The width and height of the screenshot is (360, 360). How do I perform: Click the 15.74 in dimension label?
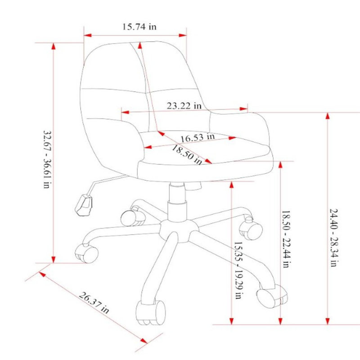pos(139,27)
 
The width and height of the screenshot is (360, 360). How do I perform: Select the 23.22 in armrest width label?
pos(184,106)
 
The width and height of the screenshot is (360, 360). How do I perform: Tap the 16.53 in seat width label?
pos(198,138)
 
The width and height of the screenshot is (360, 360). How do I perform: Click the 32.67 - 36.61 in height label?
pos(47,159)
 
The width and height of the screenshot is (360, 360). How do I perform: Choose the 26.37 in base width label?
pos(94,302)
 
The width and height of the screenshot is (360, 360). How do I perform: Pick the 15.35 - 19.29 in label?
pos(238,270)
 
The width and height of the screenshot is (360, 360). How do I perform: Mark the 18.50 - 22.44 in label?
pos(286,239)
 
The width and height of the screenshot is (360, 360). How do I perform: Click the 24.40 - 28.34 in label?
pos(333,238)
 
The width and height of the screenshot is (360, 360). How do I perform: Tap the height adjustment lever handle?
pos(84,205)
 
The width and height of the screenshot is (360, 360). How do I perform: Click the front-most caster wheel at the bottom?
pos(151,313)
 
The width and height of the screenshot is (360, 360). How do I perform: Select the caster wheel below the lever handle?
pos(86,253)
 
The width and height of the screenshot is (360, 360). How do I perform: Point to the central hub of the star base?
pos(179,230)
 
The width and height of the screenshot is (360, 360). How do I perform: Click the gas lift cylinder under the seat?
pos(177,202)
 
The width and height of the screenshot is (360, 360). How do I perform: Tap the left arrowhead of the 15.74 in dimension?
pos(88,36)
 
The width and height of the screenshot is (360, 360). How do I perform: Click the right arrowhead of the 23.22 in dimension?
pos(243,109)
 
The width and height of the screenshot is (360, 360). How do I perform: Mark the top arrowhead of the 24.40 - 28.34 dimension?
pos(328,116)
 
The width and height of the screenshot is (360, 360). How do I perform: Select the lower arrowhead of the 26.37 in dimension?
pos(144,341)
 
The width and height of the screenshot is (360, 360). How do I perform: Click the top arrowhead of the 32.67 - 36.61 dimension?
pos(54,46)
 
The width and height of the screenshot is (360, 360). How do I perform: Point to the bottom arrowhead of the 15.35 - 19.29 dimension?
pos(231,321)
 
